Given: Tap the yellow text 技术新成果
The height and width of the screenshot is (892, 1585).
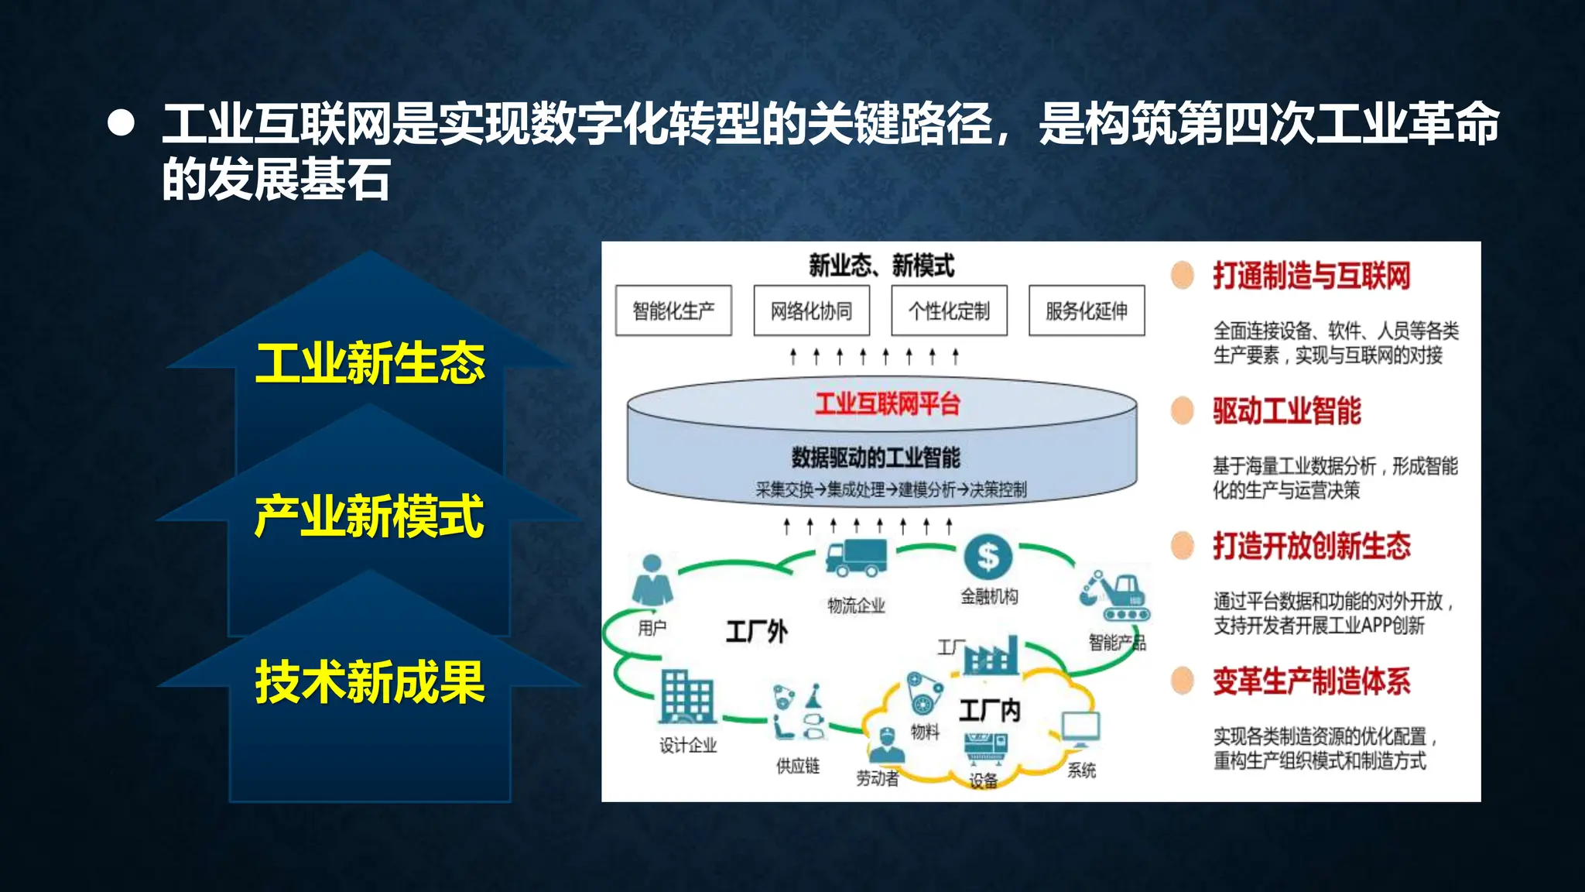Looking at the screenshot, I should pos(370,682).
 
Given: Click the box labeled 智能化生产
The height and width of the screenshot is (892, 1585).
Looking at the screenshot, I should pos(673,310).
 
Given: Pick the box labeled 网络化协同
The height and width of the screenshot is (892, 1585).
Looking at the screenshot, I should pos(811,310).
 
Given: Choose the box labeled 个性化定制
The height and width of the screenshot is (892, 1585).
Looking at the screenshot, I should pos(949,310).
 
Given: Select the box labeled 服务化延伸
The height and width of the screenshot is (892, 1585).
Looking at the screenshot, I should pos(1086,310).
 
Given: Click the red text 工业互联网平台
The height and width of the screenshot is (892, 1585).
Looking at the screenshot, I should pos(887,403).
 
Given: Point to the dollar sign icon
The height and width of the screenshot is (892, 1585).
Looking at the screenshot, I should pos(988,556).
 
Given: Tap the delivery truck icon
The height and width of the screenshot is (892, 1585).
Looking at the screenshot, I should pos(855,558).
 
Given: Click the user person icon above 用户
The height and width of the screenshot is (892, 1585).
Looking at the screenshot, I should pos(652,581).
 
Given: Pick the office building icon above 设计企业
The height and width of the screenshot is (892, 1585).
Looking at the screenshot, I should pos(686,696).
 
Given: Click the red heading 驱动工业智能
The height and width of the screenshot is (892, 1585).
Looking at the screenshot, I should pos(1286,410).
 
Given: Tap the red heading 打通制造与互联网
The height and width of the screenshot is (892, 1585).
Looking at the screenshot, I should pos(1311,276).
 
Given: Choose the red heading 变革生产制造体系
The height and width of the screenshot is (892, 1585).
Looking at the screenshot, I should pos(1311,681).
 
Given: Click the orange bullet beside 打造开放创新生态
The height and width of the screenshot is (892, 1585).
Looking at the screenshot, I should pos(1183,546).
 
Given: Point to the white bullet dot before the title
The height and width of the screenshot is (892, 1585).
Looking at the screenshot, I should pos(122,123).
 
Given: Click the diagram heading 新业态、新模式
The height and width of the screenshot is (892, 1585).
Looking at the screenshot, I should pos(882,266).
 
